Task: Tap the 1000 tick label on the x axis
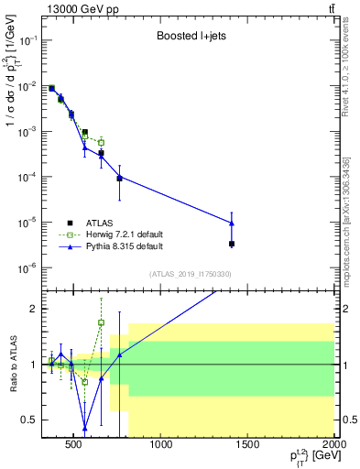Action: click(x=161, y=447)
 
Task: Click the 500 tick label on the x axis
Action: click(x=77, y=447)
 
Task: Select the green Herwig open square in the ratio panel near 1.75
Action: click(x=101, y=322)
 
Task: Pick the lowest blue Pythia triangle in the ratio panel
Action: click(x=85, y=428)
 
